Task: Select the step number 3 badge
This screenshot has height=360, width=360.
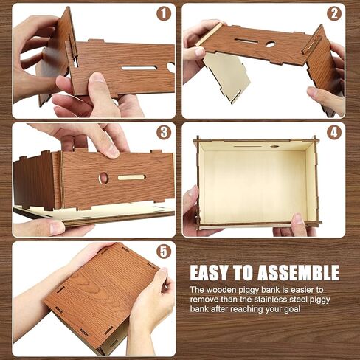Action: [164, 132]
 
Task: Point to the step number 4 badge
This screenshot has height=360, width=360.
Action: [333, 132]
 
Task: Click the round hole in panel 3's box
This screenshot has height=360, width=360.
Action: [103, 178]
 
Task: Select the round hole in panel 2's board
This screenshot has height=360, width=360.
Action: [270, 44]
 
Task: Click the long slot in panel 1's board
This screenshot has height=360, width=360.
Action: [139, 68]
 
